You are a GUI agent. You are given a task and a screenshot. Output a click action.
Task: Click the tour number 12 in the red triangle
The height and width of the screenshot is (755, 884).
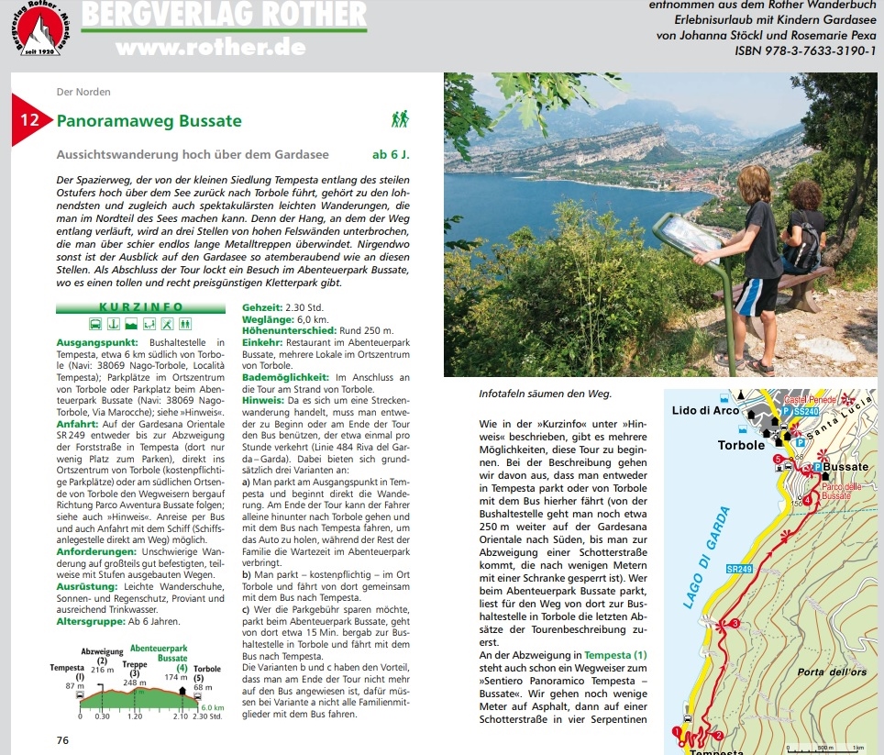click(29, 120)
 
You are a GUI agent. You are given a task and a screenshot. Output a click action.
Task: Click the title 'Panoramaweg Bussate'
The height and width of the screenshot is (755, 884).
click(149, 121)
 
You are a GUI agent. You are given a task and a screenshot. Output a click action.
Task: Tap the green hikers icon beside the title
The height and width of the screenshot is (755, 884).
click(400, 119)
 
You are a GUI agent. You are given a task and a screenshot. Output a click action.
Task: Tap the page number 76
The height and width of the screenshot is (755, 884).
click(62, 740)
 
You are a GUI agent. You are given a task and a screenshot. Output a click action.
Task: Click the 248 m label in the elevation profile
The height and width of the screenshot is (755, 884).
click(136, 683)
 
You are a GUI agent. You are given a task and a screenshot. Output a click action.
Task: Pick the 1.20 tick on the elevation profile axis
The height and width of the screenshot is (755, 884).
click(135, 716)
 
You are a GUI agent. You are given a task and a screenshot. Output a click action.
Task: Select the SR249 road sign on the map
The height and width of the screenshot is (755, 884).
click(738, 570)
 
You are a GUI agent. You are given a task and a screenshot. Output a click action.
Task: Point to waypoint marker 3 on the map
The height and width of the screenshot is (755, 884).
click(735, 625)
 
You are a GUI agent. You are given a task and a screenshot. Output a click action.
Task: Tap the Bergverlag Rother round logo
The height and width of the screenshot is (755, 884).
click(39, 34)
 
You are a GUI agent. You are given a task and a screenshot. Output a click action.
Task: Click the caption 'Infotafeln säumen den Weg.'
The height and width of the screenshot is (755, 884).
click(545, 394)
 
